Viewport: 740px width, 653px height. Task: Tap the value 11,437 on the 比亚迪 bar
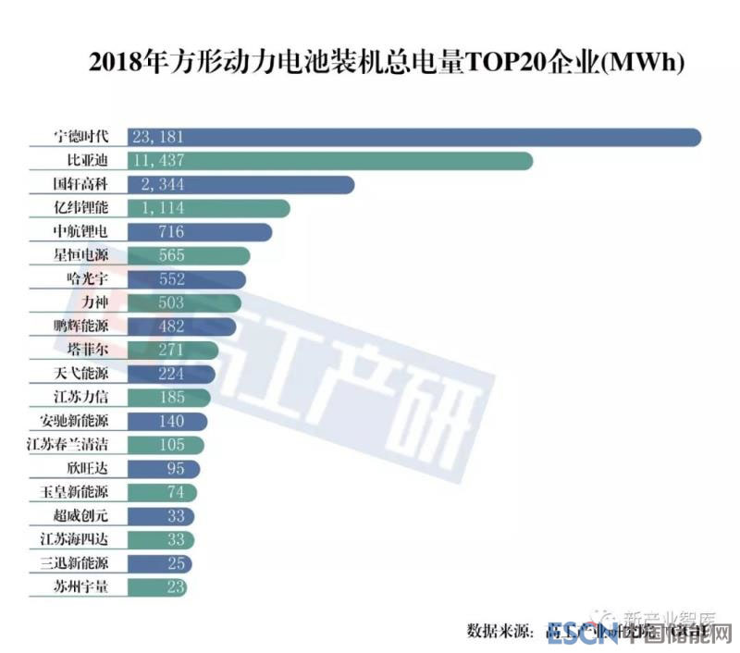[x=159, y=161]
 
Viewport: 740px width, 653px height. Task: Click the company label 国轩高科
[x=81, y=185]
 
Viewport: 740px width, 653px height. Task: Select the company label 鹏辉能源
[x=81, y=326]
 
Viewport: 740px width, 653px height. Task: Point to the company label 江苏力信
[x=81, y=398]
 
